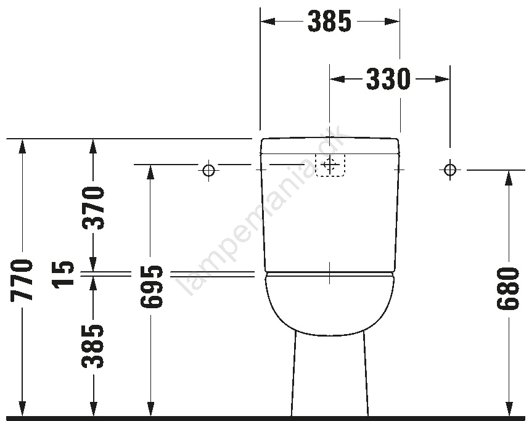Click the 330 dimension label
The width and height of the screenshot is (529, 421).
pos(388,80)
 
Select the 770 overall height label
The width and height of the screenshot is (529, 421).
pos(22,280)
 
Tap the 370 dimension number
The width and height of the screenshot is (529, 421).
pos(93,208)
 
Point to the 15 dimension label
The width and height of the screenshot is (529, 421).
pos(63,273)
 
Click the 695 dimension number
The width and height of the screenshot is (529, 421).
pos(152,287)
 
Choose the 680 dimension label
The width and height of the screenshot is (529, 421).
pos(507,288)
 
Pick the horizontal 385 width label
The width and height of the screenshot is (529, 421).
pos(330,21)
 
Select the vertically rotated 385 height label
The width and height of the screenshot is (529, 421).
pos(92,346)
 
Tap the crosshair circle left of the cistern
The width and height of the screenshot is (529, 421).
pos(209,170)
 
